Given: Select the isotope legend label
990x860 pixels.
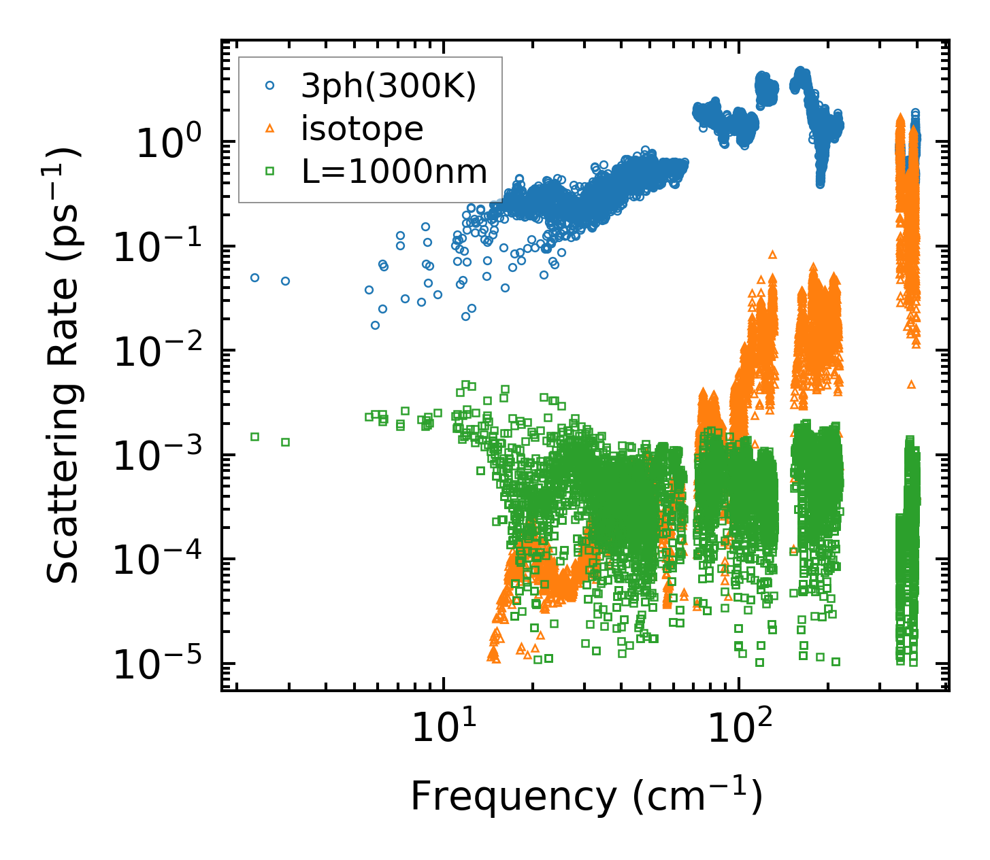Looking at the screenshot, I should [362, 128].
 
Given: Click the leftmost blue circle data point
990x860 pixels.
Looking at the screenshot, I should [254, 277].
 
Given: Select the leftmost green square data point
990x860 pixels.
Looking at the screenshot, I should [254, 436].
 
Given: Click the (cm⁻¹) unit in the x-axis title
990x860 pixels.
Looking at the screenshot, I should [698, 797].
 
